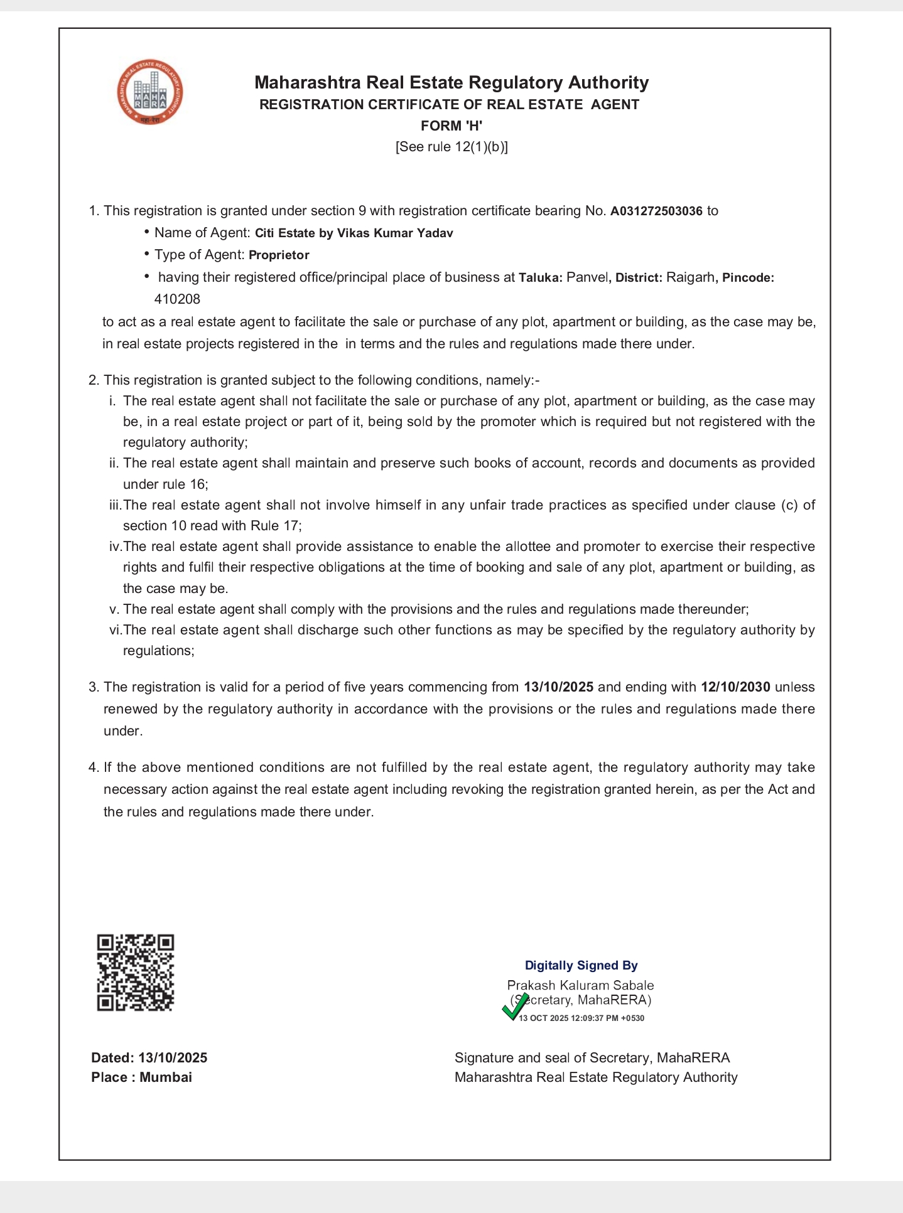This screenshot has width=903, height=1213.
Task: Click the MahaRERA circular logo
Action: [x=150, y=92]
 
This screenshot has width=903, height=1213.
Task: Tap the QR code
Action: [x=135, y=973]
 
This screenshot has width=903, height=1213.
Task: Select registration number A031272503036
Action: [x=656, y=211]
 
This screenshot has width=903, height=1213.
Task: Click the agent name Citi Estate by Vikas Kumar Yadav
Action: [x=354, y=233]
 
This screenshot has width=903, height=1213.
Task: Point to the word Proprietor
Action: [x=279, y=255]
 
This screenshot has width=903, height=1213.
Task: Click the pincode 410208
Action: [x=177, y=299]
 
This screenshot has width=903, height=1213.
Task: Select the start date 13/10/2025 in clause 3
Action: [x=558, y=687]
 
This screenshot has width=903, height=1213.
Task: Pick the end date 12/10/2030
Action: [x=735, y=687]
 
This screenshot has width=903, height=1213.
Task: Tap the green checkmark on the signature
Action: [x=515, y=1007]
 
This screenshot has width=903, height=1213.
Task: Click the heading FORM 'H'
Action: [x=451, y=126]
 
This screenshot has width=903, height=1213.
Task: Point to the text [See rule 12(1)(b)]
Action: [x=451, y=147]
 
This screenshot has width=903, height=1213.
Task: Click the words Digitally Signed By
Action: [x=581, y=965]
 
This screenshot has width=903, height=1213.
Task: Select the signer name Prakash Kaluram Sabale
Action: [x=580, y=985]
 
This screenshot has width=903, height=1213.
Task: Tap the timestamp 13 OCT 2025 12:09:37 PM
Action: [x=581, y=1018]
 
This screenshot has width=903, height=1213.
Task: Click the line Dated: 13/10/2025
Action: [x=149, y=1057]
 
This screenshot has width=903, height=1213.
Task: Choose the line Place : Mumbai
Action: [x=141, y=1077]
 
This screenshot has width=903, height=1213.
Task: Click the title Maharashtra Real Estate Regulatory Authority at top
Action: [x=451, y=82]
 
